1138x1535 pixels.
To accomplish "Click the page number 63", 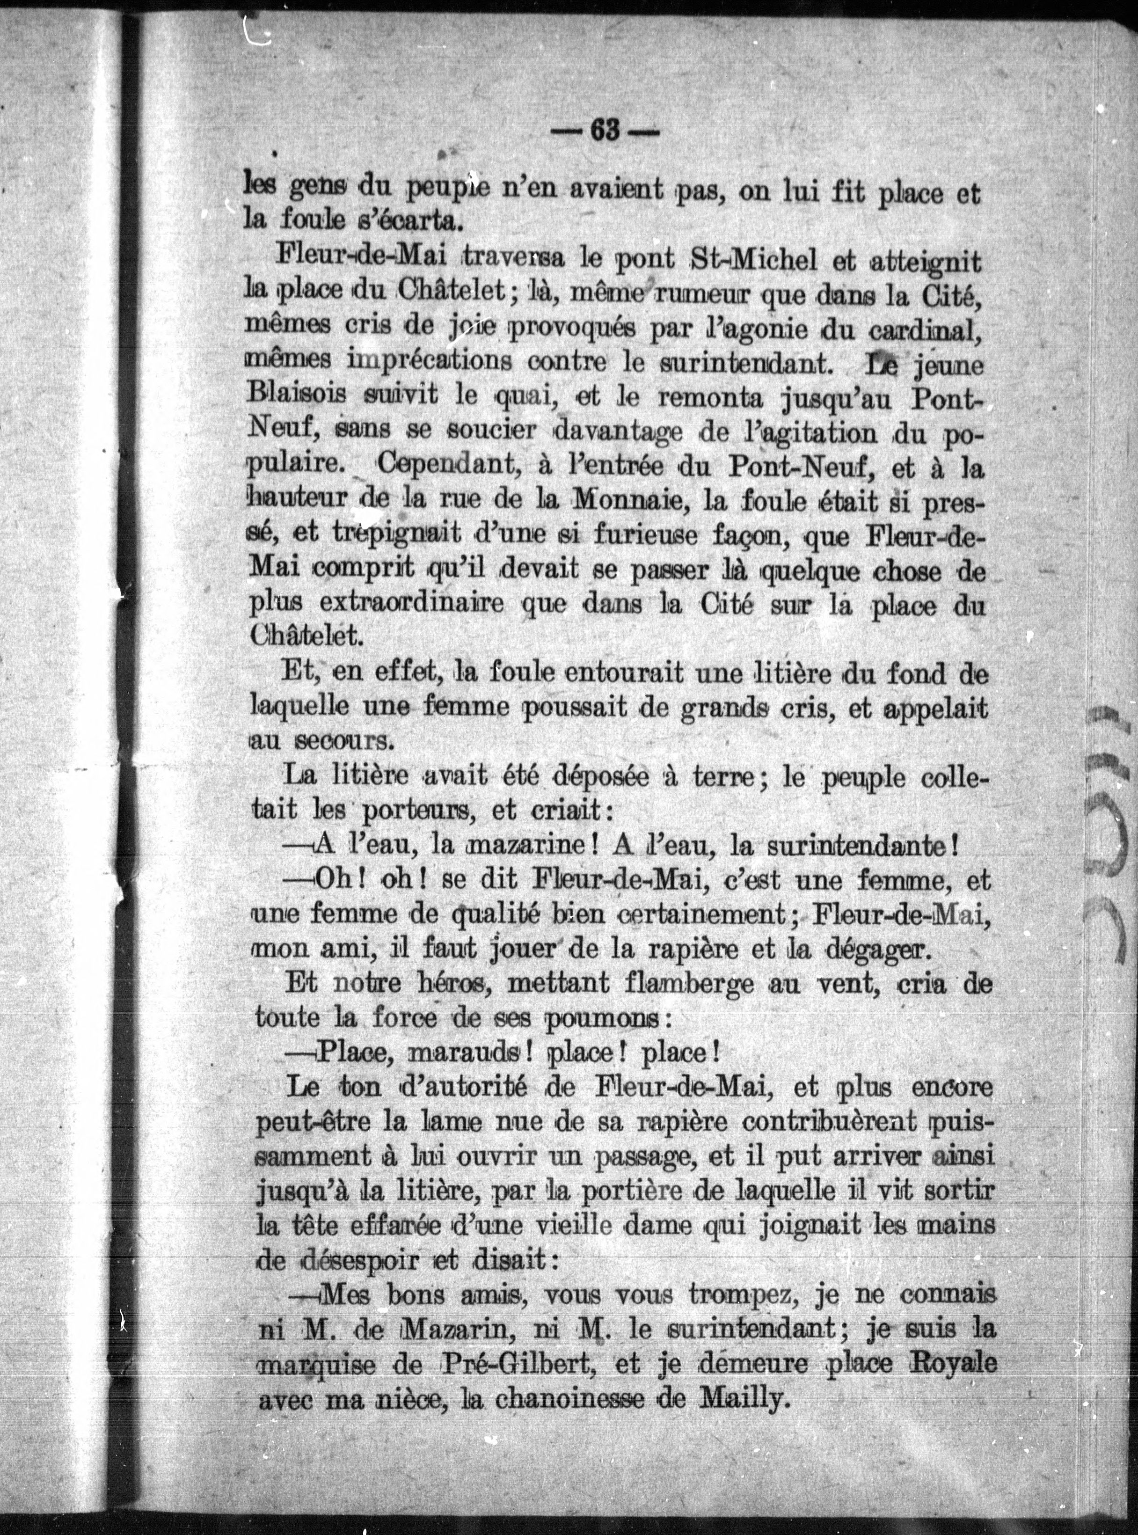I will [605, 131].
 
